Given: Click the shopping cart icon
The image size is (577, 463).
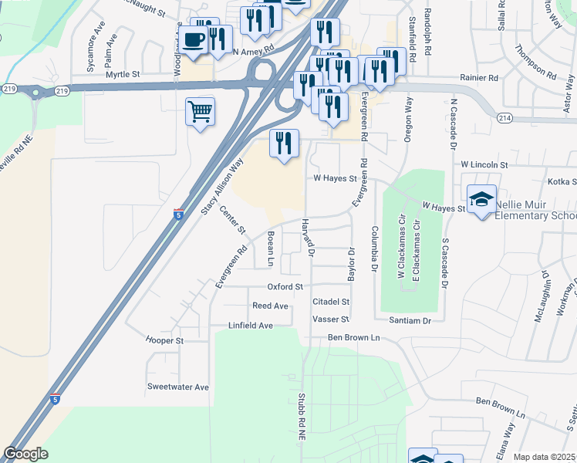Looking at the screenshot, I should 200,112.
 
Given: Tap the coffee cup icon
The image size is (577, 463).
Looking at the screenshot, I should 194,39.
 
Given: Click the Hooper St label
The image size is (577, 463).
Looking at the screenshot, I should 164,340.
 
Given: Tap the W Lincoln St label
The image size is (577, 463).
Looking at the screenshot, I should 484,165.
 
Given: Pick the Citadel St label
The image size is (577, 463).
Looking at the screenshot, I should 331,302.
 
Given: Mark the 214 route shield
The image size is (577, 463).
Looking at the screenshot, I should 504,117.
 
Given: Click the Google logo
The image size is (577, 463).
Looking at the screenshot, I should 25,454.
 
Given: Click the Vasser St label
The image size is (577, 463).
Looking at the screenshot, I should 331,319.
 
